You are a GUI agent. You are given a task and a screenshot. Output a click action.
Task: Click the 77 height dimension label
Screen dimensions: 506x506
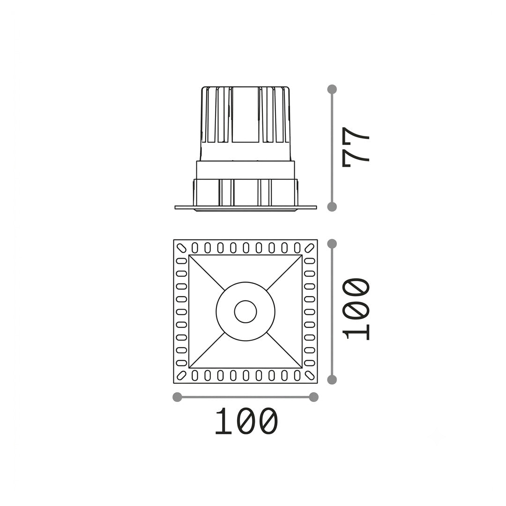356,147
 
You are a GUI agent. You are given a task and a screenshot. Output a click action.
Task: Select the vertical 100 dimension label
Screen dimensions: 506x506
356,309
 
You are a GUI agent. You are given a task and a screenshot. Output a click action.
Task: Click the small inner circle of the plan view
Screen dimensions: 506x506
246,312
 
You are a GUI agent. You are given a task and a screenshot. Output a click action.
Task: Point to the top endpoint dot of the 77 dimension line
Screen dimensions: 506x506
332,89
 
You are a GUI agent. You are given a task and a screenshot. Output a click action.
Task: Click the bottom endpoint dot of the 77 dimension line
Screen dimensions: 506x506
332,207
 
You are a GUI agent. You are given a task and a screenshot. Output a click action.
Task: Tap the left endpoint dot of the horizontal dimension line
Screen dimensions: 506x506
177,397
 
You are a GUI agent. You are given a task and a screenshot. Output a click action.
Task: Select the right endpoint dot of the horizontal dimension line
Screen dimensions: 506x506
313,397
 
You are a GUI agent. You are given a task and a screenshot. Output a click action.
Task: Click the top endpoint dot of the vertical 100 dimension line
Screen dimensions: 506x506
332,244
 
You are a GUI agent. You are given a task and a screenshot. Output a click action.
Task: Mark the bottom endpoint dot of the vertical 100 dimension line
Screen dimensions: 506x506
332,380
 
